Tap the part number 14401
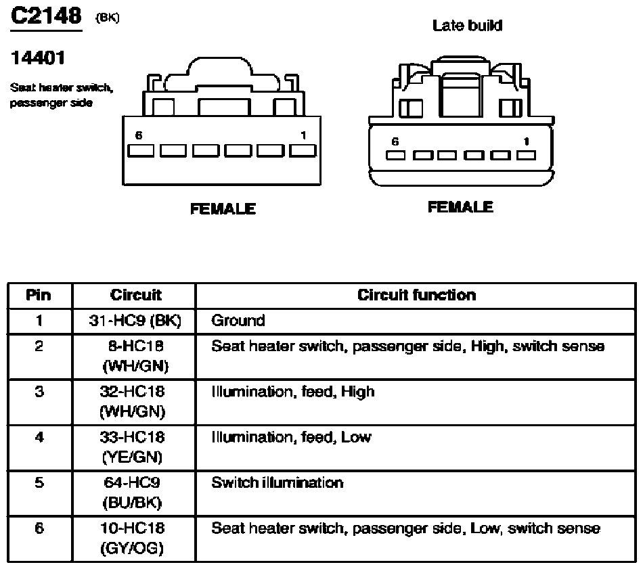point(37,59)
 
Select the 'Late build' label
point(467,26)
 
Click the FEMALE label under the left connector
point(223,209)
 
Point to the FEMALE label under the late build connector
point(460,207)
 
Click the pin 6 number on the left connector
point(139,135)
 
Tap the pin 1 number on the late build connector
point(526,141)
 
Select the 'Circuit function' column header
point(416,295)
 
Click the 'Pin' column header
point(39,295)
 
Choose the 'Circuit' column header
point(135,295)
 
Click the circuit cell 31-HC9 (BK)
point(135,321)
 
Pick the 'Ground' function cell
point(238,321)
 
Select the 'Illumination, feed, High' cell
point(292,392)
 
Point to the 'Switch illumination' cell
point(277,483)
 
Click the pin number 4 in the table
point(39,438)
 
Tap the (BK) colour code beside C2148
point(108,18)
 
